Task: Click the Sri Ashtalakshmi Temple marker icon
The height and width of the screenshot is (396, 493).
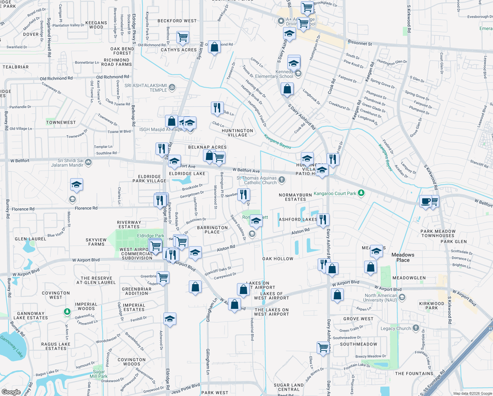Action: pos(172,87)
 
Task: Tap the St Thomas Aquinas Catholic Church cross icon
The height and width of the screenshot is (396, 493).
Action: pos(281,180)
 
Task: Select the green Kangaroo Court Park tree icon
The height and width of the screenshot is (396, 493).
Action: pos(361,193)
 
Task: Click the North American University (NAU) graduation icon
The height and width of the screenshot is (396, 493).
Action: pos(402,297)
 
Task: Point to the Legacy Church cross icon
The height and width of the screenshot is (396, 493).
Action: pos(416,328)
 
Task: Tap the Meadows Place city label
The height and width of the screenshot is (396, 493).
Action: pos(403,257)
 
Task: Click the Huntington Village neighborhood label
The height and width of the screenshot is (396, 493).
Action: pos(237,133)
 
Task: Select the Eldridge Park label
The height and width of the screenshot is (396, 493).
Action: pos(151,236)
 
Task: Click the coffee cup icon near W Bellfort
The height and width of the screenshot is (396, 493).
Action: pos(426,201)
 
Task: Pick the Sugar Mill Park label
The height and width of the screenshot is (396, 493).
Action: pos(99,374)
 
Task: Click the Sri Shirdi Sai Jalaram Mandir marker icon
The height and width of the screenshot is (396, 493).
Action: pos(88,162)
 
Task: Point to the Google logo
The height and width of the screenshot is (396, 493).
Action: pos(11,392)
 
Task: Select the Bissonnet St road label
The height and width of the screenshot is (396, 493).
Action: pos(360,43)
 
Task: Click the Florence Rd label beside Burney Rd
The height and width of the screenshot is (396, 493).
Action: pos(23,209)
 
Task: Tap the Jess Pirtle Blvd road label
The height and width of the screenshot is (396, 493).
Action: pos(186,388)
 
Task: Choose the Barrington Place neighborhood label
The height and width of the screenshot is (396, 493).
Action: pos(212,230)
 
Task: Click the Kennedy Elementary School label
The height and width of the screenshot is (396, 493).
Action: pos(279,74)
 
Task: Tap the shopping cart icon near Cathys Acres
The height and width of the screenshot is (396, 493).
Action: pos(183,37)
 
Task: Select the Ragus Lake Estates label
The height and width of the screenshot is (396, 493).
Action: pos(56,346)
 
